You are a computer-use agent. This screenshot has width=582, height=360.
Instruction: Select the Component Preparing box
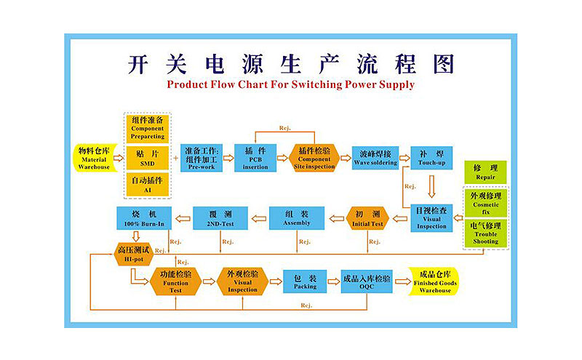(148, 127)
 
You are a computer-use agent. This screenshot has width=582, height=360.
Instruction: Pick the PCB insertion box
(255, 157)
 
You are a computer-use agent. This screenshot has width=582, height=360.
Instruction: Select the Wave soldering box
(375, 157)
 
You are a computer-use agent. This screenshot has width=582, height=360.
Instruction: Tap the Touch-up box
(431, 157)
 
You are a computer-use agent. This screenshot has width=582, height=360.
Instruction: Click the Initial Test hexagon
(366, 218)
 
